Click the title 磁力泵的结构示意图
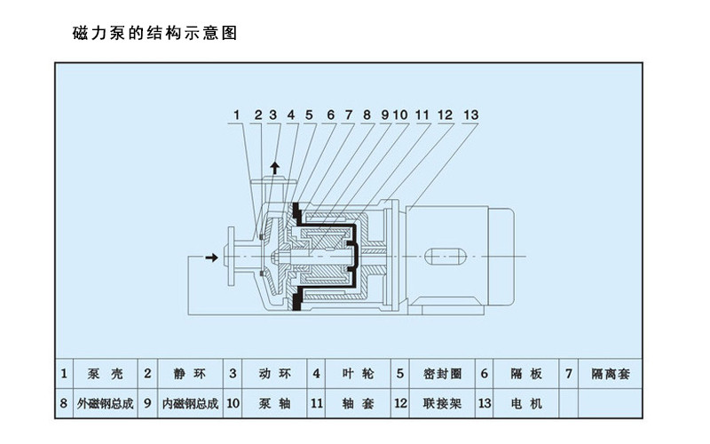click(x=154, y=35)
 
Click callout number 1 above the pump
click(x=237, y=115)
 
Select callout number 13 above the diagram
click(x=470, y=115)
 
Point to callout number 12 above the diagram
click(x=445, y=115)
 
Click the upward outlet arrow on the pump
click(x=274, y=167)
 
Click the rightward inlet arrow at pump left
click(x=212, y=258)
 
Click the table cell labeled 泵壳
click(x=106, y=374)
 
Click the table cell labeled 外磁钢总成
click(x=106, y=403)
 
